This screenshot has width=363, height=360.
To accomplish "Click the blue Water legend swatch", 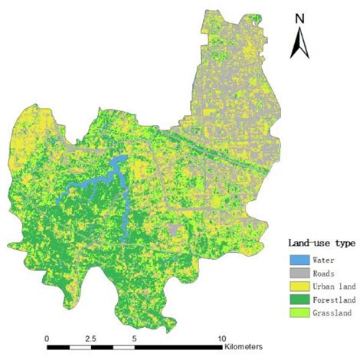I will [299, 260].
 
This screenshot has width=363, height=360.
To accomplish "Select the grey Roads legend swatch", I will [299, 273].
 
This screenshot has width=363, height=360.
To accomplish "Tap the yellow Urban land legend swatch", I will [299, 286].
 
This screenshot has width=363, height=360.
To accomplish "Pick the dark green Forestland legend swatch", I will [299, 299].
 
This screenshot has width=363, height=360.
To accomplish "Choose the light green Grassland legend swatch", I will [299, 313].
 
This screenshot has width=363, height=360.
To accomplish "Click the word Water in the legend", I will [325, 260].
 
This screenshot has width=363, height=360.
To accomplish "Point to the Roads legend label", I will [325, 273].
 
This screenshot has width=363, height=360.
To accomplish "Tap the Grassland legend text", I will [333, 313].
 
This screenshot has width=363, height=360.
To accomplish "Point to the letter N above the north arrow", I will [300, 18].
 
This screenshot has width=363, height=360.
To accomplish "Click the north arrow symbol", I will [299, 43].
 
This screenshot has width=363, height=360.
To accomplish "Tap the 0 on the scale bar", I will [47, 338].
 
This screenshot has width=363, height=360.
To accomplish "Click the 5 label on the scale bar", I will [134, 338].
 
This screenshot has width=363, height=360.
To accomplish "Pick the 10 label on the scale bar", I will [222, 338].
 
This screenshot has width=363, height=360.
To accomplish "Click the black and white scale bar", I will [135, 349].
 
